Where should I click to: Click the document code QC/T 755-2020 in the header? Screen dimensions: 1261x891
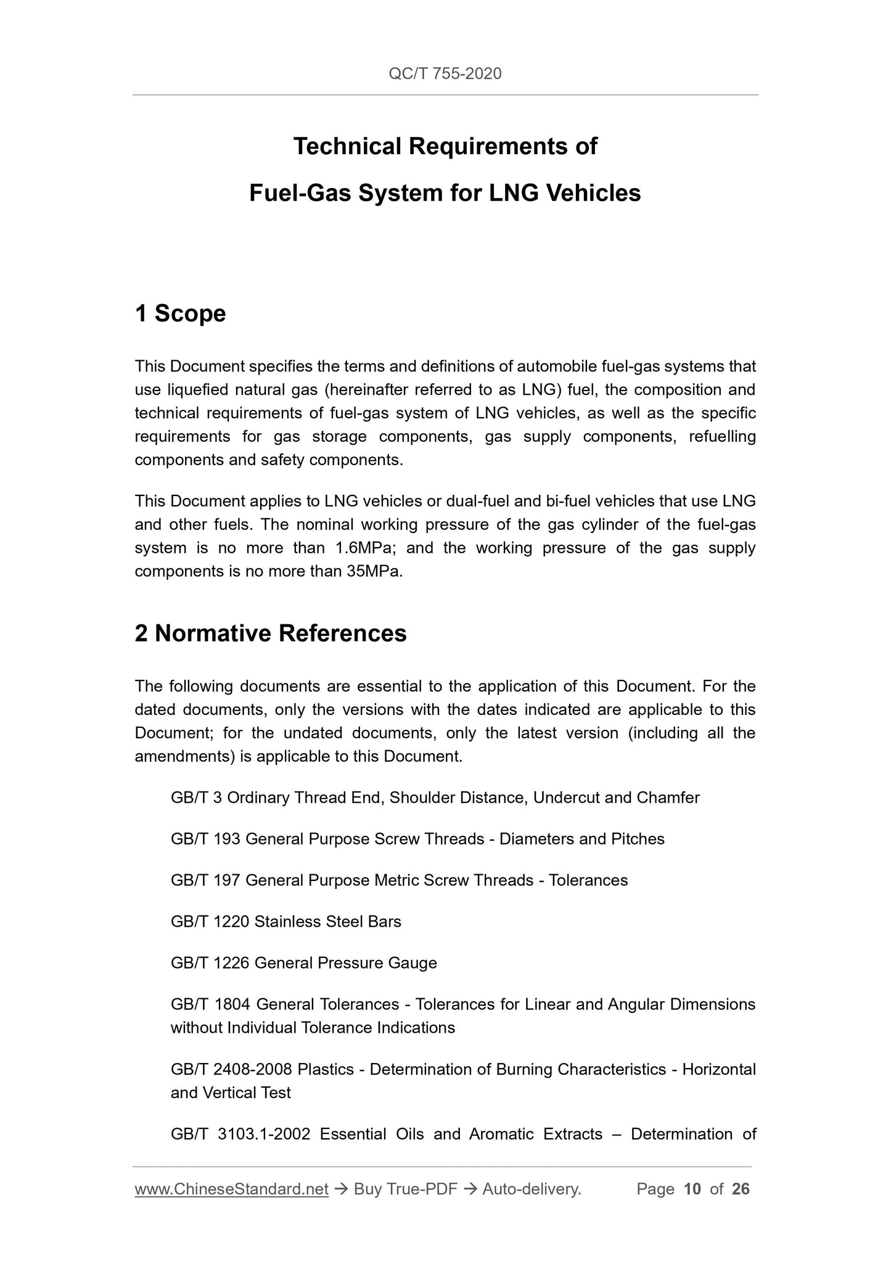[445, 74]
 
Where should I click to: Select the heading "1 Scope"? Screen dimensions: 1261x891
[180, 313]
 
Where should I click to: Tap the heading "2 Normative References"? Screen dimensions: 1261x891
[271, 634]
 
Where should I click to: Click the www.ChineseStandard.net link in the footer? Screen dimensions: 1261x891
[231, 1189]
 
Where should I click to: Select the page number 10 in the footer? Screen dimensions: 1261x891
[692, 1189]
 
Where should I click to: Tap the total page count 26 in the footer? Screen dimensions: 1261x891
[741, 1189]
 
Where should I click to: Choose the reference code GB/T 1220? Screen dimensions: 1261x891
[210, 922]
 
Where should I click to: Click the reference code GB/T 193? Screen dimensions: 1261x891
[205, 839]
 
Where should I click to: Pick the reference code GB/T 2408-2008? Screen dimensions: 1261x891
[231, 1069]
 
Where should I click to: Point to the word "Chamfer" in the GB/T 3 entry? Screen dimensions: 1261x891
[668, 798]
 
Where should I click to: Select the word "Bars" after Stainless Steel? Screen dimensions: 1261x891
[384, 922]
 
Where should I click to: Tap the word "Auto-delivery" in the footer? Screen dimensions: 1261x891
[530, 1189]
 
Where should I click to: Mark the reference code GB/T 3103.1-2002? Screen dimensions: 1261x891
[240, 1134]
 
